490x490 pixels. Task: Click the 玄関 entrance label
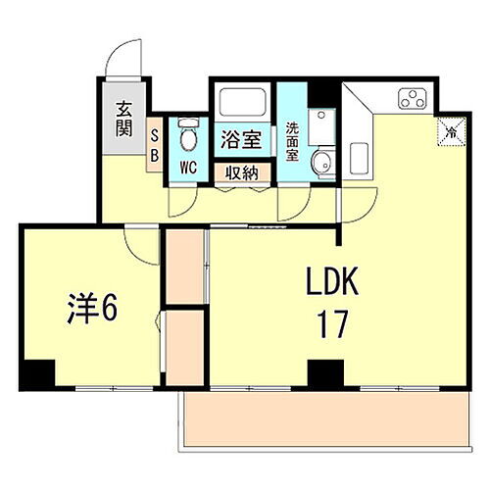[123, 120]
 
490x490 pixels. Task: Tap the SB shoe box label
[155, 145]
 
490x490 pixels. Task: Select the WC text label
[188, 168]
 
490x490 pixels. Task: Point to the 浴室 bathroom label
[241, 139]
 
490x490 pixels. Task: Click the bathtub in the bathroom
[241, 103]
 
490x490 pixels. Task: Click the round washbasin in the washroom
[319, 163]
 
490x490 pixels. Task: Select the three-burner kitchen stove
[412, 99]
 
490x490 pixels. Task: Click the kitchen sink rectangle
[359, 159]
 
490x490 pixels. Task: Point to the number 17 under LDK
[332, 325]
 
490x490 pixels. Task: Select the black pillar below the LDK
[325, 373]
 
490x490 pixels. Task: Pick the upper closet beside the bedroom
[183, 266]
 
